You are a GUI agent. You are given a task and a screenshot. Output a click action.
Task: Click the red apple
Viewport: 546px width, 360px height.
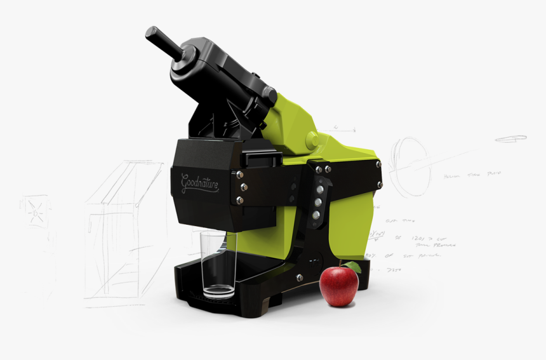coord(338,286)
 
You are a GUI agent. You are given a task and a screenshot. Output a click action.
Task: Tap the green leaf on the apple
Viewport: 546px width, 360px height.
coord(353,267)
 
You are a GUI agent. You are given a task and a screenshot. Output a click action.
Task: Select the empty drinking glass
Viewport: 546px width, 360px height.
coord(218,264)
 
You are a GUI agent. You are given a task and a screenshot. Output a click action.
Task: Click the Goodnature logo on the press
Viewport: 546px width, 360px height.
coord(201,183)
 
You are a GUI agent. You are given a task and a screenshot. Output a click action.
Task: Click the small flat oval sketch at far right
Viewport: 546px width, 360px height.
coord(510,138)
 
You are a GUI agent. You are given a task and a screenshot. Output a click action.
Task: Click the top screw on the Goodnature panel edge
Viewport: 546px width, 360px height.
coord(240,172)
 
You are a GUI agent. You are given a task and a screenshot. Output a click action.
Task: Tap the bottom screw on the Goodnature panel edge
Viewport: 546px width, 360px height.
coord(239,200)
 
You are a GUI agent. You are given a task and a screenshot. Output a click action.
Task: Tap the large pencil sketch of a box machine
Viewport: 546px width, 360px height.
coord(121,229)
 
